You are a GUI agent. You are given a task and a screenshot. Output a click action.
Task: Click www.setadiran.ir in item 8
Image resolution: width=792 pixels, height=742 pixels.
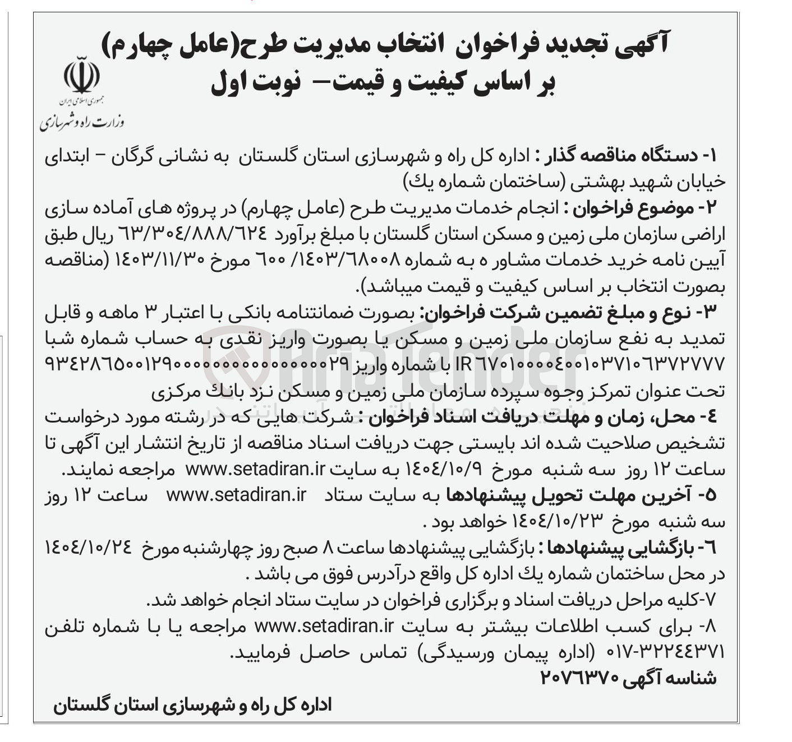pyautogui.click(x=323, y=625)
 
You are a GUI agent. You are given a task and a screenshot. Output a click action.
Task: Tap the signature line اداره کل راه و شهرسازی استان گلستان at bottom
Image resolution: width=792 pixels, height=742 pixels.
pyautogui.click(x=193, y=705)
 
